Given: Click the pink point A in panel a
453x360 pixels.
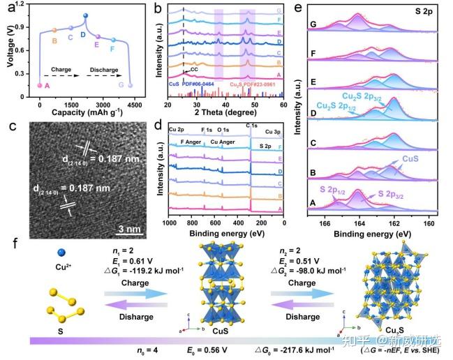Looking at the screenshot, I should click(40, 85).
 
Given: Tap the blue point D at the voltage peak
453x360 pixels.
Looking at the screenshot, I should click(85, 16).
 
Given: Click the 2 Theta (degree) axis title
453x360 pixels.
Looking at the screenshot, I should click(226, 110).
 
